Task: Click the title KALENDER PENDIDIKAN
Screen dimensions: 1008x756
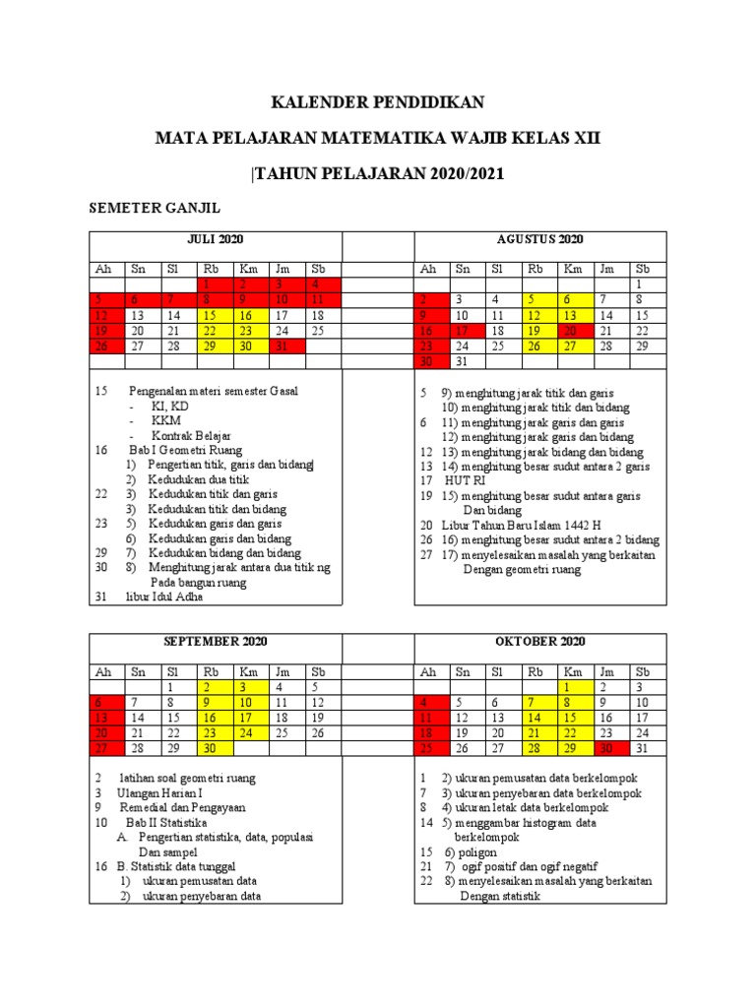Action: pyautogui.click(x=378, y=103)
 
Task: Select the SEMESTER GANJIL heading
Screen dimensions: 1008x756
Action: pyautogui.click(x=155, y=208)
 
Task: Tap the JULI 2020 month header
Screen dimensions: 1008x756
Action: pyautogui.click(x=216, y=239)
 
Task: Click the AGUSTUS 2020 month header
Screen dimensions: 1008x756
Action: pyautogui.click(x=540, y=239)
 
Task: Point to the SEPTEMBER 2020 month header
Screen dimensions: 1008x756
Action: pyautogui.click(x=216, y=641)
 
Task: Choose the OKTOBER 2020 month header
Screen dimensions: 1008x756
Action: pyautogui.click(x=540, y=641)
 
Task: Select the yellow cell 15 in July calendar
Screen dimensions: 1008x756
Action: pyautogui.click(x=210, y=315)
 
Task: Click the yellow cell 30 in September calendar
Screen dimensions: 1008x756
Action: pyautogui.click(x=210, y=748)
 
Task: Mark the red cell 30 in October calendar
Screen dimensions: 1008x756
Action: pyautogui.click(x=607, y=748)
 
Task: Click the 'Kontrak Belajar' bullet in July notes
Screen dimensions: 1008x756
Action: pyautogui.click(x=191, y=435)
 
